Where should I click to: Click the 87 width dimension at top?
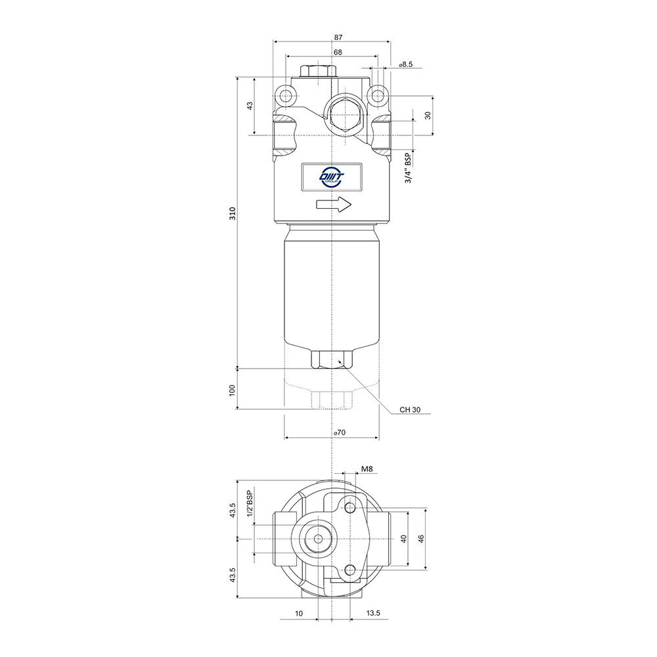(x=338, y=37)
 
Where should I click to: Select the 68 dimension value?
(x=338, y=53)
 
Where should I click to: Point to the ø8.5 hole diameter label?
(x=406, y=64)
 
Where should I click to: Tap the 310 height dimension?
(x=233, y=214)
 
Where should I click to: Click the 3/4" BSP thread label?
(x=409, y=168)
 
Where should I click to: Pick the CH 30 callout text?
(x=410, y=409)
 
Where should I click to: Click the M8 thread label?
(x=367, y=469)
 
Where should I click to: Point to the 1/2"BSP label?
(x=250, y=503)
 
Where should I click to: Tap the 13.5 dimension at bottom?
(x=373, y=613)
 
